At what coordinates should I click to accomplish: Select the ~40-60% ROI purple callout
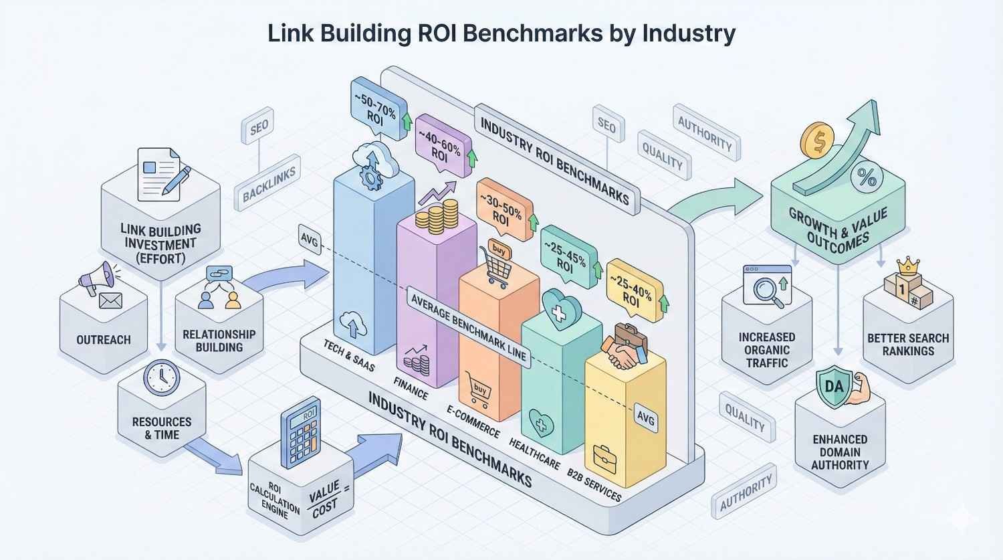441,146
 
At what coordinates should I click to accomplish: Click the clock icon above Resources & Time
162,378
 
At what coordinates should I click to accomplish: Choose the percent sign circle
867,177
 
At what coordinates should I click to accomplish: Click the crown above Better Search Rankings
907,266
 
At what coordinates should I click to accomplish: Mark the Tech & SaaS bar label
348,355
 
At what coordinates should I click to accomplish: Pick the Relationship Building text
219,341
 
